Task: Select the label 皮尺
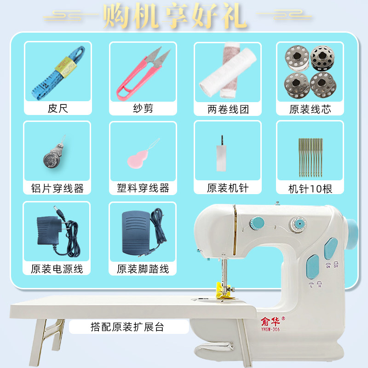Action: click(x=58, y=109)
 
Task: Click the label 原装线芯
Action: click(x=310, y=109)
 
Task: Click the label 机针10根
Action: click(x=310, y=189)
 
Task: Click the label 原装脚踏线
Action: click(x=143, y=269)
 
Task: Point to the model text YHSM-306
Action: click(x=270, y=329)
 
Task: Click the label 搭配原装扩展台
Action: click(x=127, y=327)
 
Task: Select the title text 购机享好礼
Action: click(x=175, y=16)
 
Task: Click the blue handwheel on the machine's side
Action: click(x=352, y=234)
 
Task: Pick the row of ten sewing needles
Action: click(x=310, y=158)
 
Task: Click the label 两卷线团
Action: click(x=228, y=109)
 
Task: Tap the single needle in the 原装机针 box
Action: click(x=221, y=153)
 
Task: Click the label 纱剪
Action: click(x=143, y=109)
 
